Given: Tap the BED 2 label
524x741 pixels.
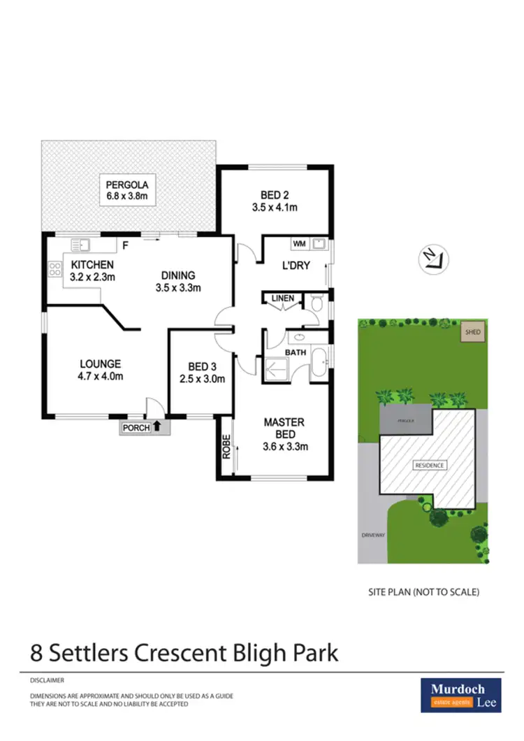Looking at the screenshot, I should pyautogui.click(x=275, y=195).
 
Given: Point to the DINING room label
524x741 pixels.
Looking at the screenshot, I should pyautogui.click(x=177, y=275).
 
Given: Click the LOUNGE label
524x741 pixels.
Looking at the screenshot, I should pyautogui.click(x=101, y=364).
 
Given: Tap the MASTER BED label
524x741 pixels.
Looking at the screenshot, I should pyautogui.click(x=284, y=422).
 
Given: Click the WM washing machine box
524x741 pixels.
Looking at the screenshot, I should pyautogui.click(x=299, y=244).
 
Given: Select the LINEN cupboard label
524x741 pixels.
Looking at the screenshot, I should pyautogui.click(x=283, y=298).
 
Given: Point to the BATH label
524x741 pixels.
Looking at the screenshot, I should pyautogui.click(x=296, y=352).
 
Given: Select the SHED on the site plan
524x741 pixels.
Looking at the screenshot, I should pyautogui.click(x=473, y=332).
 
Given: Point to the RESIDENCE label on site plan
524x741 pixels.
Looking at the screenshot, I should pyautogui.click(x=430, y=466).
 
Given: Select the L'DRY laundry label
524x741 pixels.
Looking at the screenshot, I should pyautogui.click(x=296, y=266).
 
